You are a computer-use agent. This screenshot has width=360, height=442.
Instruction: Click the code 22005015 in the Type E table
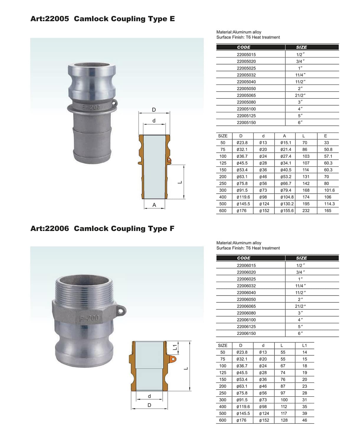[x=246, y=55]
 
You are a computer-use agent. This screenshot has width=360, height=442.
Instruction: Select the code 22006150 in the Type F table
[x=246, y=333]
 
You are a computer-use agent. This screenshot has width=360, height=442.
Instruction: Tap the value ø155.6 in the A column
[x=287, y=211]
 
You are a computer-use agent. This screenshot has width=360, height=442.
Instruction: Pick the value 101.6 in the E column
[x=329, y=190]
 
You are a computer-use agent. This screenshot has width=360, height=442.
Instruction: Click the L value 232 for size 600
[x=306, y=211]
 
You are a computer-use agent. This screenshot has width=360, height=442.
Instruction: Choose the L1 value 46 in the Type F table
[x=305, y=420]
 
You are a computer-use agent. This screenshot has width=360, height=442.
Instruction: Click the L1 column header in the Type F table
[x=305, y=345]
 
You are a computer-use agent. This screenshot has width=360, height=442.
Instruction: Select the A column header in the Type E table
[x=284, y=136]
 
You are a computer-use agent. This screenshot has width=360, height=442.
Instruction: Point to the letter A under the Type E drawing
[x=154, y=205]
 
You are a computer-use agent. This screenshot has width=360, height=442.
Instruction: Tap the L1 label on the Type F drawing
[x=175, y=347]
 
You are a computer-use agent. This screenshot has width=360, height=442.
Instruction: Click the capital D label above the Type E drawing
[x=154, y=110]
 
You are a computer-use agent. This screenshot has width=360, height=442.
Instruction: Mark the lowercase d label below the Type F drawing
[x=149, y=396]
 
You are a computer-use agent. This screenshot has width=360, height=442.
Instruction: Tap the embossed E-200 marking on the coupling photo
[x=91, y=108]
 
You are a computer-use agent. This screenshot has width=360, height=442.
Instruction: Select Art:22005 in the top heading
[x=50, y=19]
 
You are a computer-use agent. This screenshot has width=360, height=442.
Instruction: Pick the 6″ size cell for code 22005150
[x=300, y=123]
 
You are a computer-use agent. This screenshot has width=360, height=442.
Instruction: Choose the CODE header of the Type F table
[x=244, y=258]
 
